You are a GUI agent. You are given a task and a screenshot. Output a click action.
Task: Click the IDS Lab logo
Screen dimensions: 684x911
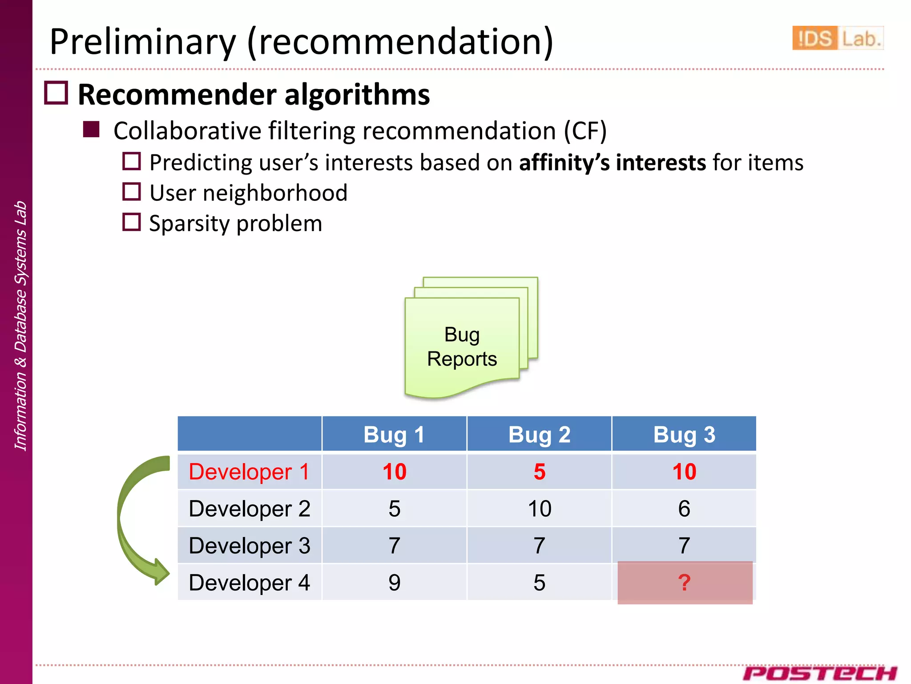click(x=837, y=38)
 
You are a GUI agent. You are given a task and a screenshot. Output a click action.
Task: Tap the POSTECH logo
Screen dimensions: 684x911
click(x=819, y=673)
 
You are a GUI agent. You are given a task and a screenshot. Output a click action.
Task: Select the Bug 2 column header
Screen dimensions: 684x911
click(x=539, y=434)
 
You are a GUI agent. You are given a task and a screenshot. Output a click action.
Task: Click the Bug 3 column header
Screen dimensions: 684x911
click(x=684, y=434)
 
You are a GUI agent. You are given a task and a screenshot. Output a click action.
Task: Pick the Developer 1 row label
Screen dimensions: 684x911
click(x=249, y=472)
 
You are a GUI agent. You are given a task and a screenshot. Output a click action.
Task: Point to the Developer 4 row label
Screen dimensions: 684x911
click(x=249, y=582)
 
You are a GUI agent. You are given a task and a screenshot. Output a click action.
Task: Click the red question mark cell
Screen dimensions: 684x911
click(x=685, y=582)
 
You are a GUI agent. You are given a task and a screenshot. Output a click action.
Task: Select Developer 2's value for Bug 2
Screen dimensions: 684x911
click(x=539, y=509)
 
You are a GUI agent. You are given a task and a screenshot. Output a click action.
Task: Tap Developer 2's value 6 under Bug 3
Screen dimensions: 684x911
click(x=684, y=509)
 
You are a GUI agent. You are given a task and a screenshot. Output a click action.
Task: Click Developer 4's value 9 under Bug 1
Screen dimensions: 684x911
click(x=394, y=582)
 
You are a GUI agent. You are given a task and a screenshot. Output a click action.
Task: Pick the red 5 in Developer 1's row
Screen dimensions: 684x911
click(x=539, y=472)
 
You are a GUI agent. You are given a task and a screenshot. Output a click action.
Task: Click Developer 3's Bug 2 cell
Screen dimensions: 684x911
click(x=539, y=546)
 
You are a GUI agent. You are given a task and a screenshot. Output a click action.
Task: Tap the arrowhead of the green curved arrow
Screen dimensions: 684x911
click(x=160, y=572)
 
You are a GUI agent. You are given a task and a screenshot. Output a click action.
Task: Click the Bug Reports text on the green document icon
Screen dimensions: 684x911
click(x=462, y=346)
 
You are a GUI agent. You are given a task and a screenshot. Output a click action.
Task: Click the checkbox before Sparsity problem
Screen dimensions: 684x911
click(x=132, y=222)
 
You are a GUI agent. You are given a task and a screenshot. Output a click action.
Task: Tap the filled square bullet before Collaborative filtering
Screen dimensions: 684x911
click(x=91, y=130)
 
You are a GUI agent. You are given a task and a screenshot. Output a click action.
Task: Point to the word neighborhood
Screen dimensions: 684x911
click(x=275, y=193)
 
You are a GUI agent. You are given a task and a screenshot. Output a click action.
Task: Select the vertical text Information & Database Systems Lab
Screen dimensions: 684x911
click(x=20, y=325)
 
